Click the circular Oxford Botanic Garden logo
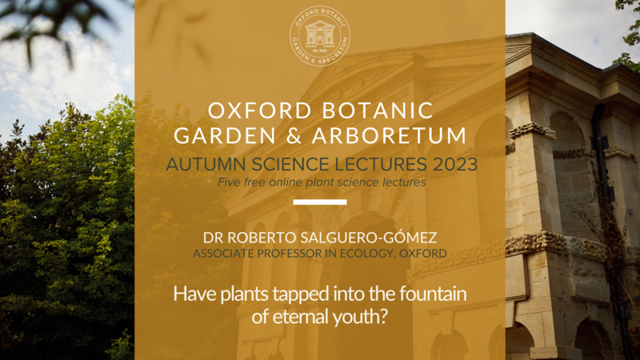[320, 36]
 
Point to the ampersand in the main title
[294, 135]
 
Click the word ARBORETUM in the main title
[390, 135]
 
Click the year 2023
[455, 165]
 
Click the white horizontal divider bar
[320, 202]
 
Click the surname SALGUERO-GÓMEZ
[369, 237]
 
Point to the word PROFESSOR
[286, 254]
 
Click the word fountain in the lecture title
[433, 294]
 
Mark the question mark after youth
[382, 316]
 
